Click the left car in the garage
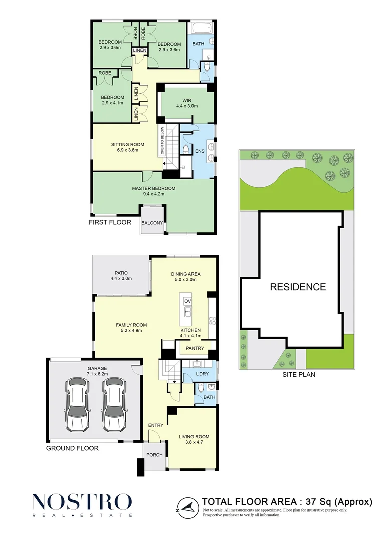pyautogui.click(x=78, y=404)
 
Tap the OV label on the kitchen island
pyautogui.click(x=187, y=301)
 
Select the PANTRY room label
pyautogui.click(x=195, y=348)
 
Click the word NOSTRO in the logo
pyautogui.click(x=82, y=501)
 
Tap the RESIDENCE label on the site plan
pyautogui.click(x=298, y=287)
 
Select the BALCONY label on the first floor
pyautogui.click(x=152, y=223)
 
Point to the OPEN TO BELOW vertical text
pyautogui.click(x=161, y=141)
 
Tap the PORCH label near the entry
pyautogui.click(x=154, y=455)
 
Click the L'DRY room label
pyautogui.click(x=202, y=374)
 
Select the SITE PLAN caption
pyautogui.click(x=299, y=374)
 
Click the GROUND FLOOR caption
pyautogui.click(x=73, y=448)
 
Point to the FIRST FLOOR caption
pyautogui.click(x=110, y=222)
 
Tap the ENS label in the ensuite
pyautogui.click(x=200, y=151)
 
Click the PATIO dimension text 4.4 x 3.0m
pyautogui.click(x=121, y=278)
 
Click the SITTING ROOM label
pyautogui.click(x=128, y=145)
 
